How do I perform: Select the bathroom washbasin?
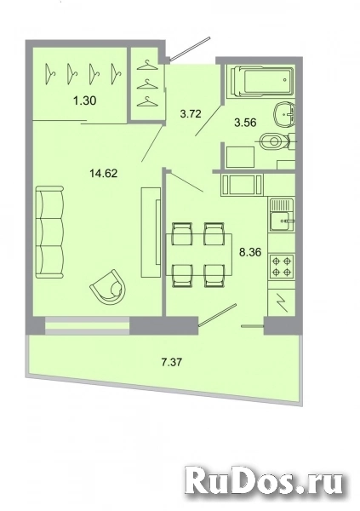coord(283,112)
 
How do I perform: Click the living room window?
coord(87,324)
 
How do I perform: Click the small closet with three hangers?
coord(147,83)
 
